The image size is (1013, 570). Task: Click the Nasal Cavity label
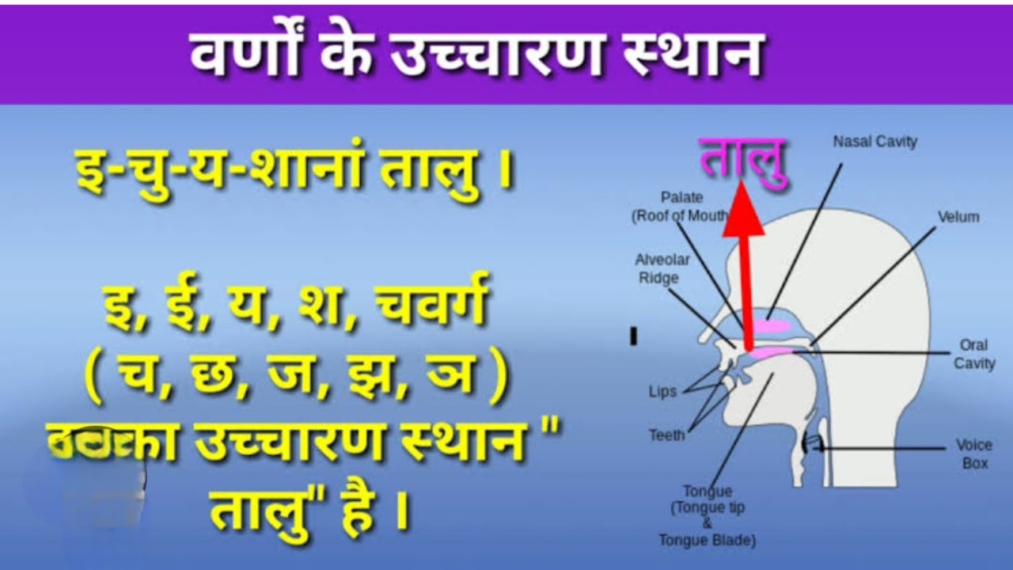click(875, 142)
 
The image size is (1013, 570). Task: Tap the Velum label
click(958, 217)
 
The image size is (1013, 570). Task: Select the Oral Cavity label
click(973, 355)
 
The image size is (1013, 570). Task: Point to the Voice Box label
click(974, 454)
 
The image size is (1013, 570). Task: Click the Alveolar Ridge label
click(662, 269)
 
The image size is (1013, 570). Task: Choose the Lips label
click(662, 392)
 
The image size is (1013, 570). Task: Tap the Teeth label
click(666, 435)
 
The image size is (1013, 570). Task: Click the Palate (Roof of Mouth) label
click(681, 206)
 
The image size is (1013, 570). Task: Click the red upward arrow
click(743, 261)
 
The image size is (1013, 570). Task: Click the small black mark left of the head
click(633, 336)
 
